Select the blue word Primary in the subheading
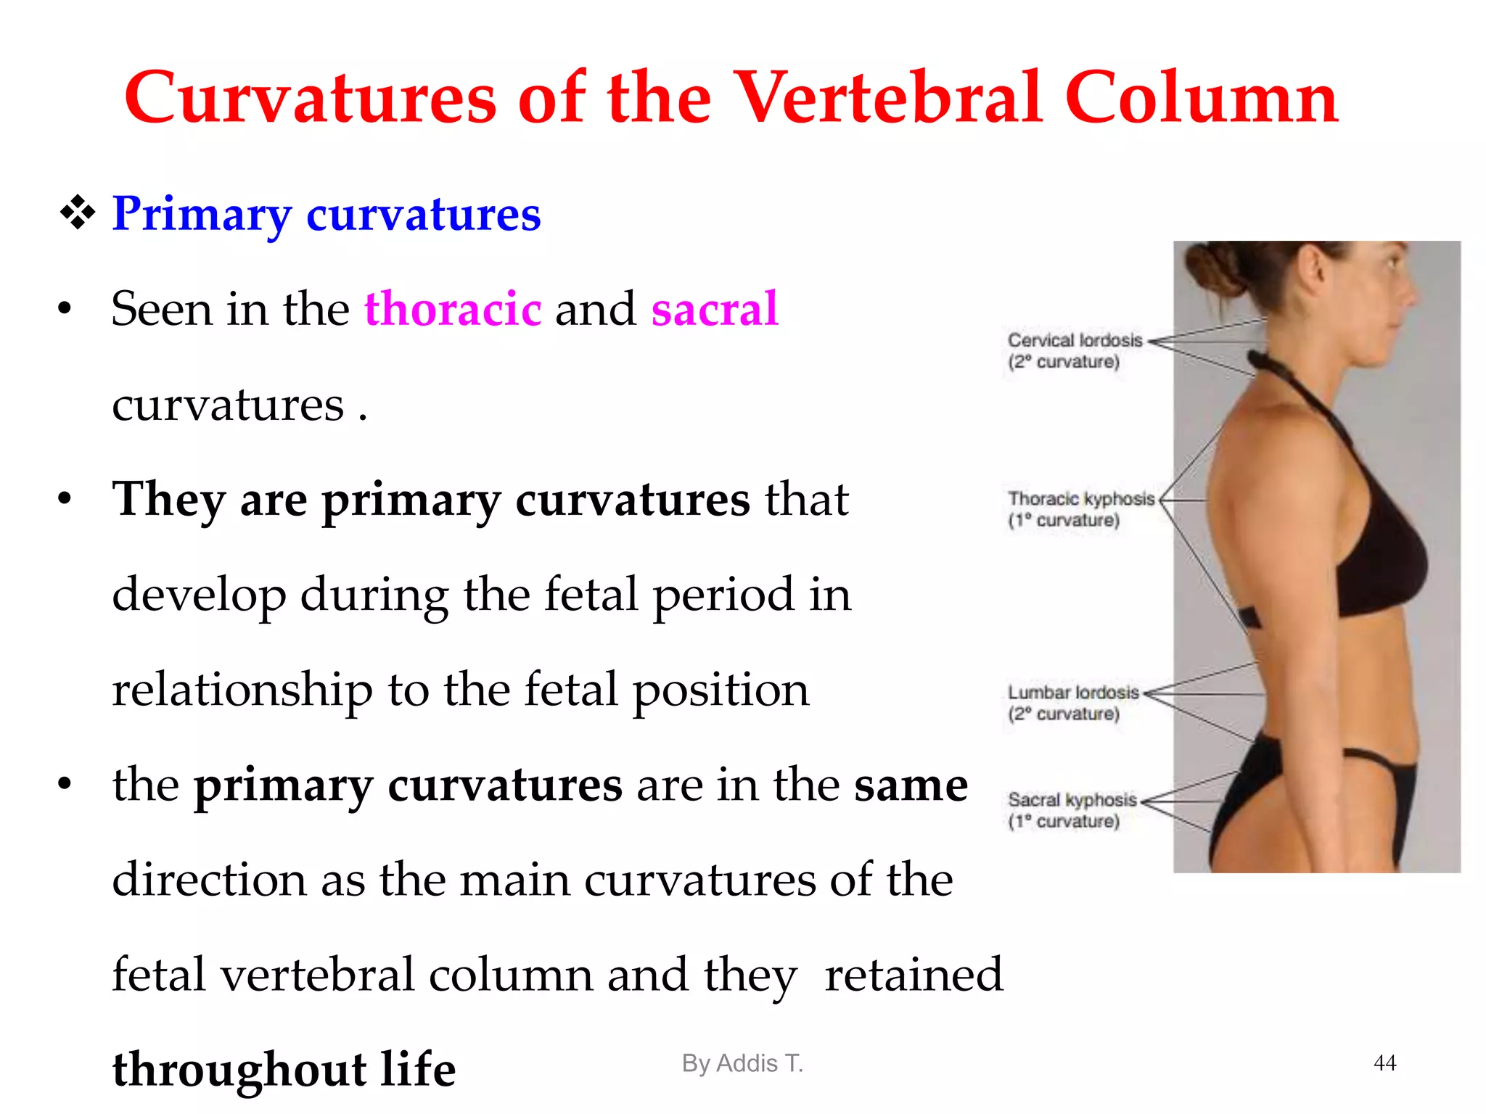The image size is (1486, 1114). click(201, 214)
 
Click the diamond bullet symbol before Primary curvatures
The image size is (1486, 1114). click(78, 213)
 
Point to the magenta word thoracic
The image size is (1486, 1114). click(453, 308)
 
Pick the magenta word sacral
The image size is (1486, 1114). click(715, 308)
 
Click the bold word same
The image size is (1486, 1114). click(911, 785)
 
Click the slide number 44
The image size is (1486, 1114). click(1384, 1063)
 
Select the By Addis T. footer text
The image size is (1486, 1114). click(742, 1063)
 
